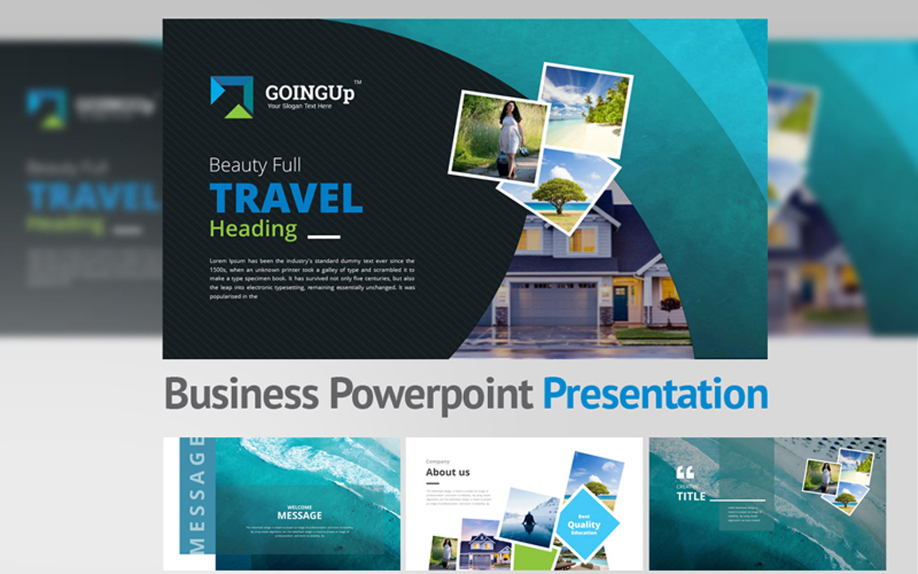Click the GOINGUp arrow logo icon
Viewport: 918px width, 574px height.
tap(232, 96)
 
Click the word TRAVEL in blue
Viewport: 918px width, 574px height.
tap(286, 198)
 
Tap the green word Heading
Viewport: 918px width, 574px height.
tap(253, 228)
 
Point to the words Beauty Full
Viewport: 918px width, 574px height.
tap(255, 165)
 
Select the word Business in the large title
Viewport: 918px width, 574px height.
tap(241, 394)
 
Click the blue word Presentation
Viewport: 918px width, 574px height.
tap(655, 394)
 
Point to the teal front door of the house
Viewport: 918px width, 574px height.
tap(621, 302)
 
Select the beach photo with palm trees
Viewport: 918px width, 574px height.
tap(585, 109)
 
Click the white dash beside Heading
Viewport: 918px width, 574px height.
tap(324, 236)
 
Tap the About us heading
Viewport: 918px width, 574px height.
tap(448, 472)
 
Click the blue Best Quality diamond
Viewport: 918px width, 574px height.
tap(585, 524)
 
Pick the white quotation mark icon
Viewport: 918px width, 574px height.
tap(685, 472)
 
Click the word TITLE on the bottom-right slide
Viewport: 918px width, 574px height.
tap(691, 497)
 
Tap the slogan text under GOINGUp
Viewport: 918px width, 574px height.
tap(299, 106)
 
